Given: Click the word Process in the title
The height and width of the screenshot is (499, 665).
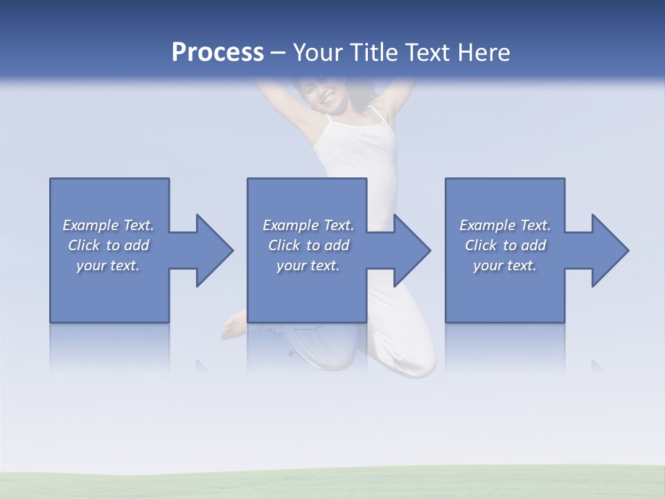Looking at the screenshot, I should (218, 53).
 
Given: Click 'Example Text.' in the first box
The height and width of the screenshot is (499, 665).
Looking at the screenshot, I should (108, 225).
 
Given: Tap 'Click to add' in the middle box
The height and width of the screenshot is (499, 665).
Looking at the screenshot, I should (308, 245).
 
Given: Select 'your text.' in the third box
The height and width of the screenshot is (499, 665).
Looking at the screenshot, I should (505, 265).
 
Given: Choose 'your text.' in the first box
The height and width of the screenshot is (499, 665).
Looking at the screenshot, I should (108, 265).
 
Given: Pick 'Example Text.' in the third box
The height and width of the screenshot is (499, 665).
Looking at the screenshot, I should (505, 225).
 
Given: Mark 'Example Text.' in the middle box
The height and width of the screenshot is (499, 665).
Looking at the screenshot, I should (308, 225).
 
